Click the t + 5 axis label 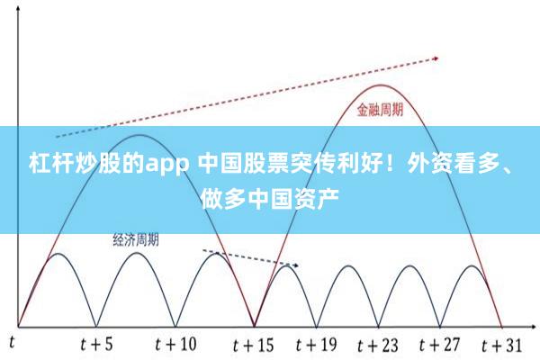(x=96, y=344)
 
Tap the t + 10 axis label (x=175, y=344)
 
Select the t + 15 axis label (x=253, y=344)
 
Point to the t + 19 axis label (x=315, y=344)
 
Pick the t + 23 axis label (x=377, y=344)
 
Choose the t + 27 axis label (x=438, y=344)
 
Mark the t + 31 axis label (x=500, y=344)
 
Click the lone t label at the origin (x=13, y=342)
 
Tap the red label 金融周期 (x=379, y=111)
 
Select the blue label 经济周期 (x=136, y=239)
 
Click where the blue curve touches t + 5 (x=96, y=325)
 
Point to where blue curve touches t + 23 (x=377, y=325)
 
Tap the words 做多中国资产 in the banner (x=270, y=193)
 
